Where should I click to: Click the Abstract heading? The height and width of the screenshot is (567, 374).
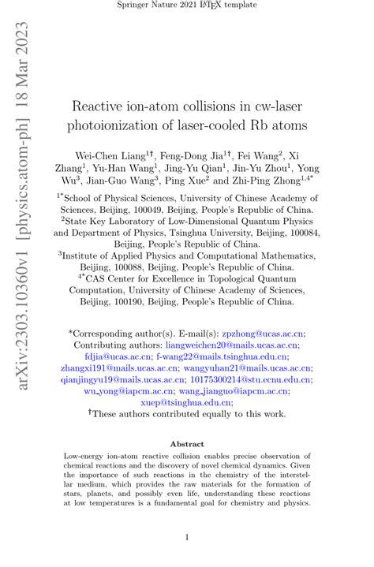pos(186,444)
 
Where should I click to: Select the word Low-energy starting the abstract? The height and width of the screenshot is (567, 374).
pos(87,456)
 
